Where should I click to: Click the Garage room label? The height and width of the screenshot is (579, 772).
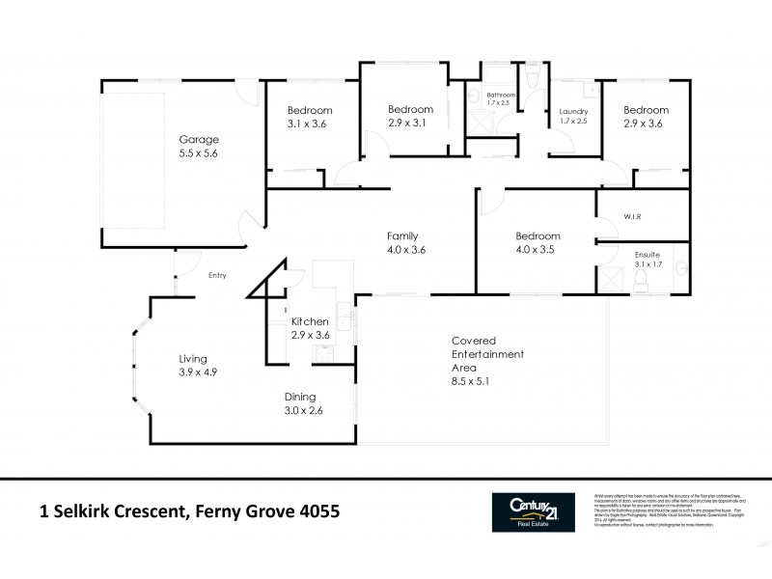click(x=197, y=139)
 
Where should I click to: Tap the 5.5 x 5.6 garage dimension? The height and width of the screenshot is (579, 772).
click(x=197, y=153)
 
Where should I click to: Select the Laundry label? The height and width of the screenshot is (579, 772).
click(x=573, y=111)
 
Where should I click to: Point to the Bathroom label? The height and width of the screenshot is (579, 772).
click(x=501, y=95)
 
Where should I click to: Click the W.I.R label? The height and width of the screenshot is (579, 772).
click(x=633, y=217)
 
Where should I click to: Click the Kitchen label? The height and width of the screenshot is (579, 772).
click(x=311, y=321)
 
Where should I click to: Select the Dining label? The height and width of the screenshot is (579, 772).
click(x=300, y=397)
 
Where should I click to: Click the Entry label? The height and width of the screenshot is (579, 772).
click(x=217, y=276)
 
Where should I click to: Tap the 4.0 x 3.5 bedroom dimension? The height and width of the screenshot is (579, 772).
click(x=538, y=250)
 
